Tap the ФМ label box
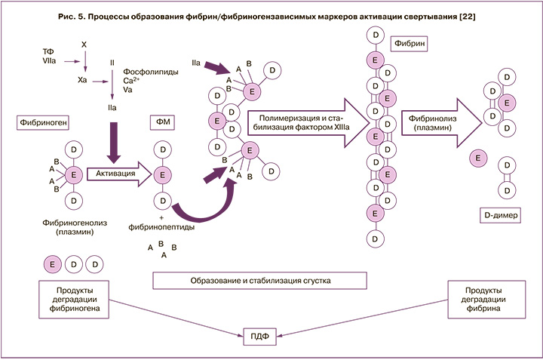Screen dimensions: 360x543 [162, 121]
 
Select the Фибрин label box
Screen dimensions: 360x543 [406, 45]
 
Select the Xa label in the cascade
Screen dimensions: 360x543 [82, 79]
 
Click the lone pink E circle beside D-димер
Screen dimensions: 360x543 [477, 158]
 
